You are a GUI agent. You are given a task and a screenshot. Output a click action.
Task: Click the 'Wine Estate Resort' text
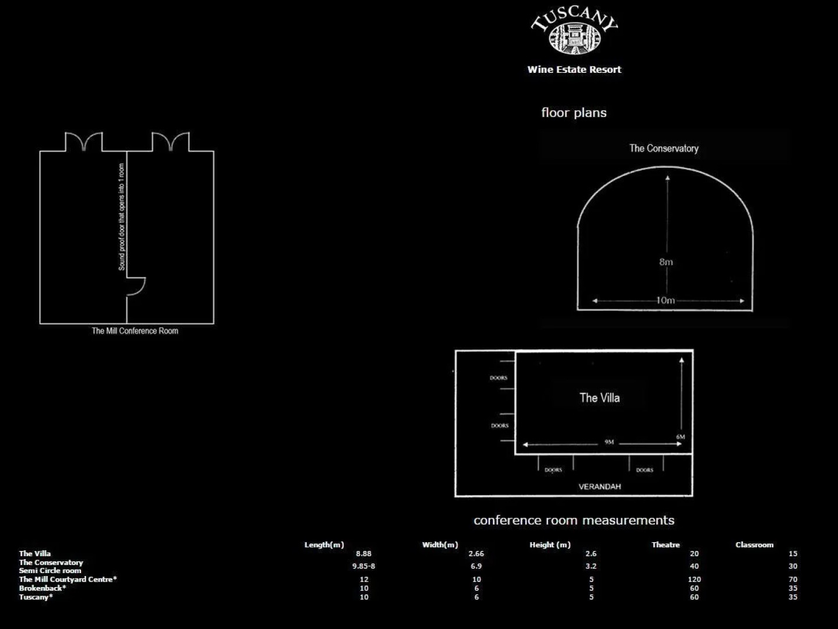click(x=574, y=69)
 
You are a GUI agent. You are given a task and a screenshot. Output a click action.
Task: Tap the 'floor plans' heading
click(x=574, y=112)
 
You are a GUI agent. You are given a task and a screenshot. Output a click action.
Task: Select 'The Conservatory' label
click(x=664, y=149)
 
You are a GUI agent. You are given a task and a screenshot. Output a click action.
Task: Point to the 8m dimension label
click(x=666, y=262)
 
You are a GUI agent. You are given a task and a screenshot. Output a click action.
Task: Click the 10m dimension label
click(x=666, y=301)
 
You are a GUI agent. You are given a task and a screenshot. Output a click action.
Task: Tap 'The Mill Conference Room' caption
click(x=135, y=331)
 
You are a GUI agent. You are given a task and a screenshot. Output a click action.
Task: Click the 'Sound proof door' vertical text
click(x=121, y=217)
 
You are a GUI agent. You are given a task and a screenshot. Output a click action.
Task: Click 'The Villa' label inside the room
click(x=600, y=398)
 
